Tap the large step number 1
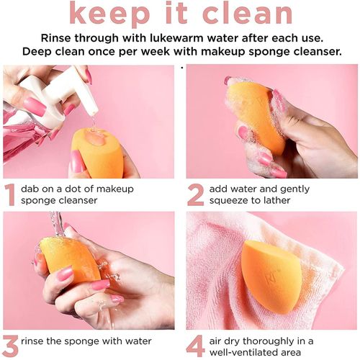tap(11, 195)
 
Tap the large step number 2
tap(195, 195)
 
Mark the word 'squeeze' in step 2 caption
tap(246, 201)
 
